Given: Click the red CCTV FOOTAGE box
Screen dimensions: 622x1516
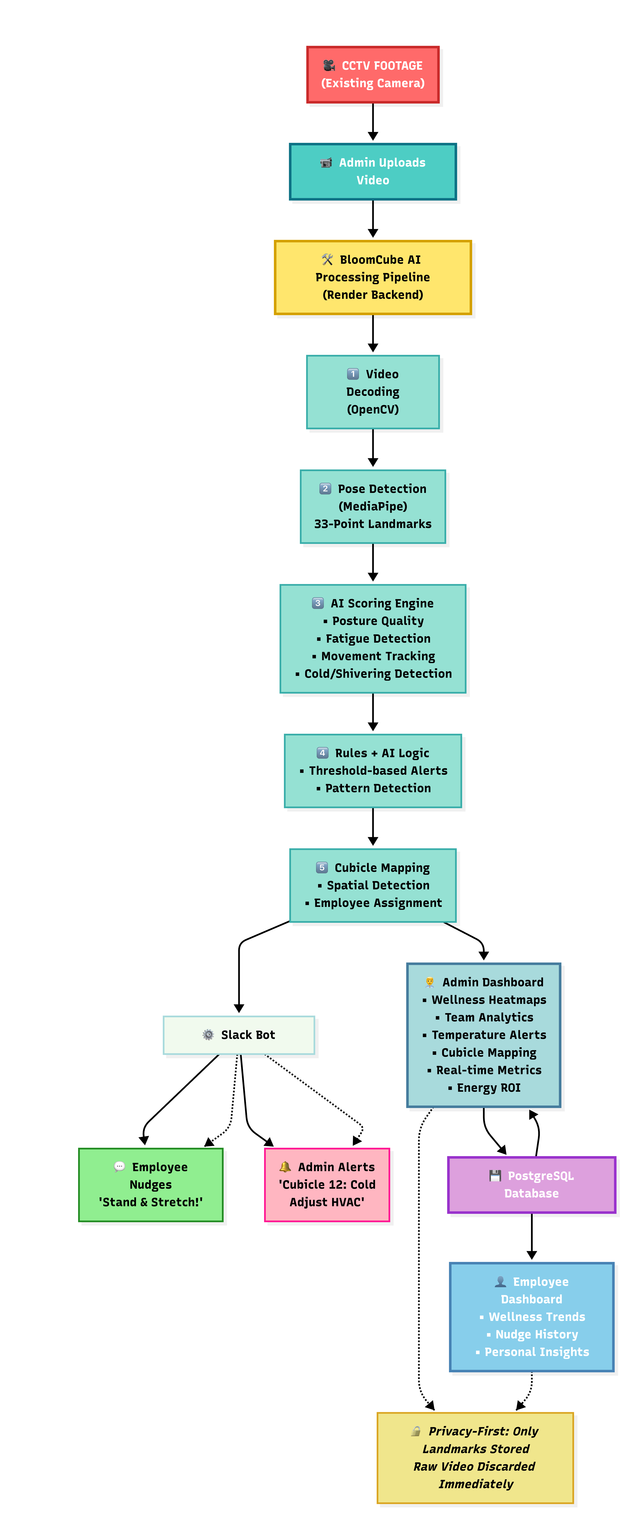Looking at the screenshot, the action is tap(373, 75).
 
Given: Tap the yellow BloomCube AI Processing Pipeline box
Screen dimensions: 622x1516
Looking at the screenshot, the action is tap(373, 277).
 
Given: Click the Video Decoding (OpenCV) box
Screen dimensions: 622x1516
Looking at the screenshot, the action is tap(373, 392).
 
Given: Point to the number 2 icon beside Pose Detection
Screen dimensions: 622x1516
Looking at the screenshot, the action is tap(325, 489).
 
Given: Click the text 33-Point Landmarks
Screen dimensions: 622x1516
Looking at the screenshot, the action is tap(373, 524).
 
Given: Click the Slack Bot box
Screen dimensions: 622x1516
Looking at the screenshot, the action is tap(239, 1035).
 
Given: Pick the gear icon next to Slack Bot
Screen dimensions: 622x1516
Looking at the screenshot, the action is tap(208, 1035).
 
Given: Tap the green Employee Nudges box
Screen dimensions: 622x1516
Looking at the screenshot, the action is tap(151, 1185).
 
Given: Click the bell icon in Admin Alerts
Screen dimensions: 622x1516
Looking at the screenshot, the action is tap(285, 1166).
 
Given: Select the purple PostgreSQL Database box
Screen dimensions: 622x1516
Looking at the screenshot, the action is tap(531, 1185).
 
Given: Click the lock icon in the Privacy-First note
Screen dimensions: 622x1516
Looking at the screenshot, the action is tap(416, 1431).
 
